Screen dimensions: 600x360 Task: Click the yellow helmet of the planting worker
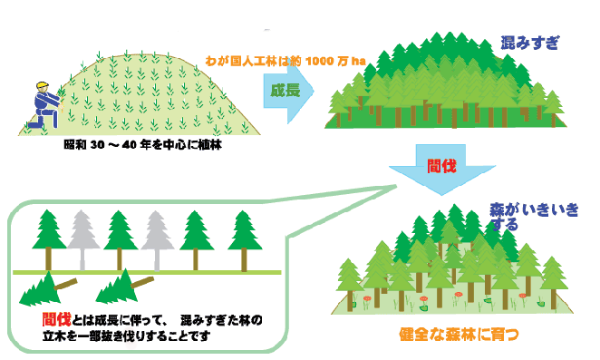click(x=40, y=87)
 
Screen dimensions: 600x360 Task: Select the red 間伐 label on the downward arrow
click(x=440, y=165)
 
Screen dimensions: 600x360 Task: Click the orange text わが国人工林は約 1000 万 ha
click(x=285, y=60)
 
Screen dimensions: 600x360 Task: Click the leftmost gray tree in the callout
click(x=82, y=236)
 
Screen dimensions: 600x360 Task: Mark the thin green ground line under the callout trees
click(x=145, y=272)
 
